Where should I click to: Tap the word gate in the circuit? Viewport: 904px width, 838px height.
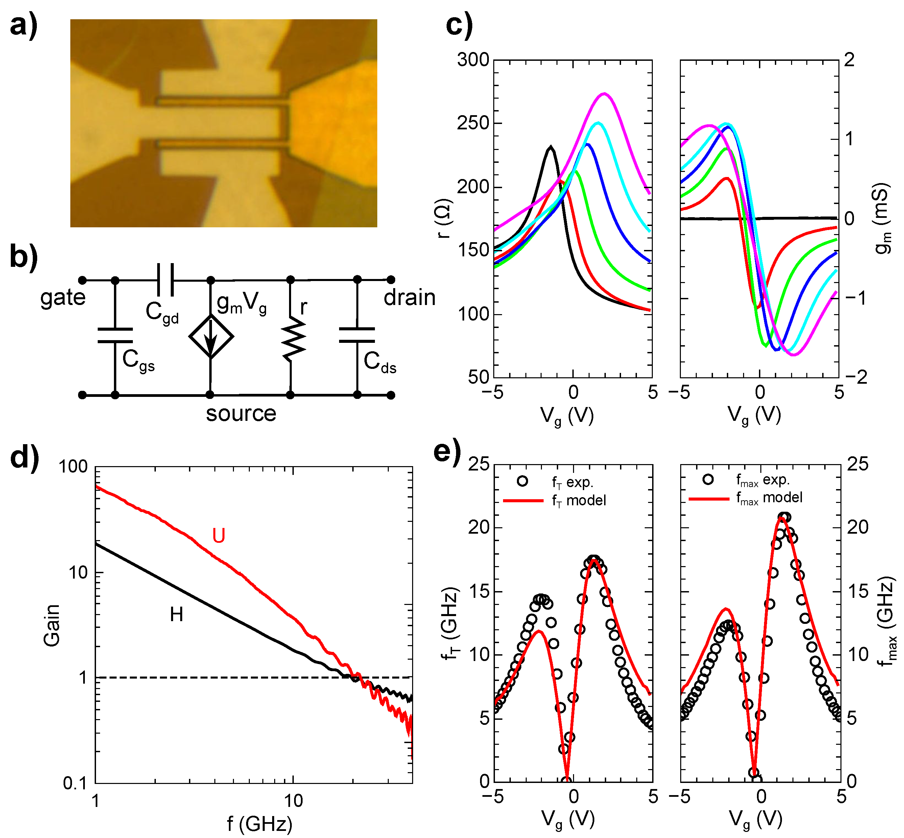[63, 298]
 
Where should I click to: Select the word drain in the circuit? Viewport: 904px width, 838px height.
[409, 298]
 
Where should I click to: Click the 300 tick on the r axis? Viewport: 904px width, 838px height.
[473, 60]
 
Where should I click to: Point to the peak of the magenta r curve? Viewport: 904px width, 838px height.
[604, 94]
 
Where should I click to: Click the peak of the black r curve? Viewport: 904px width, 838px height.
[550, 147]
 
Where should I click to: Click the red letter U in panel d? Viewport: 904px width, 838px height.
[219, 536]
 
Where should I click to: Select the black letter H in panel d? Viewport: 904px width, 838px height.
[176, 615]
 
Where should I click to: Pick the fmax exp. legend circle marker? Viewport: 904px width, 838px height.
[708, 479]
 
